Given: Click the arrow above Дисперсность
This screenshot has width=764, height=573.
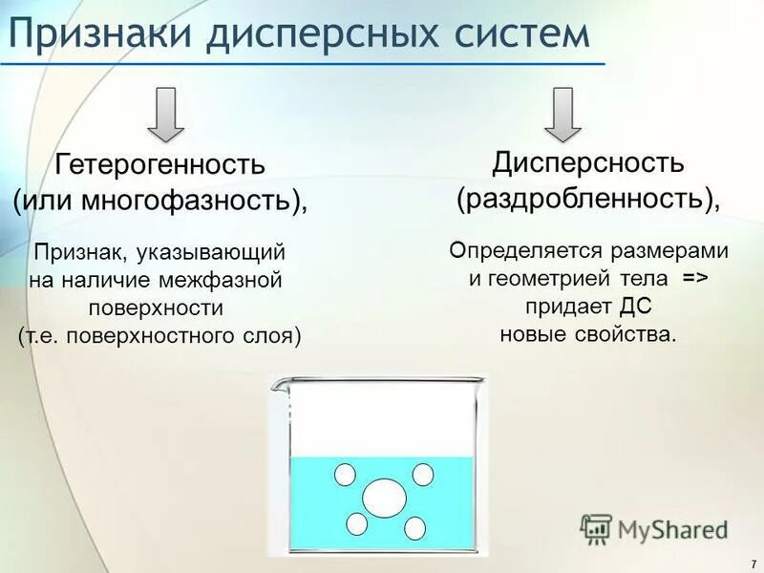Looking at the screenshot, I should [x=564, y=113].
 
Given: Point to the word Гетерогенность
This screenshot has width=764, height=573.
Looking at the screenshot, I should [x=159, y=164].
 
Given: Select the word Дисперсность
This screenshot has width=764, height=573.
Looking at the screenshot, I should [x=588, y=162].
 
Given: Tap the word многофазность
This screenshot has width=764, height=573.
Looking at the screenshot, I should [x=198, y=201].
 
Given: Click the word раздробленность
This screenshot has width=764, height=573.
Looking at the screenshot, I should [x=584, y=199].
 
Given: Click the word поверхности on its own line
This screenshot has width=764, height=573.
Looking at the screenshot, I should [x=156, y=308].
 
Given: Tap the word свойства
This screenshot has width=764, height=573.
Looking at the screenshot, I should [x=627, y=334].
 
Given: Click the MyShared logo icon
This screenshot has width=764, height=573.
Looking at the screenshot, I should [x=596, y=528].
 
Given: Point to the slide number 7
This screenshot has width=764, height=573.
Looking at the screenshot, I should [x=753, y=563].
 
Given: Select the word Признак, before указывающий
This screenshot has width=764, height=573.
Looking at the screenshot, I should [x=80, y=253].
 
